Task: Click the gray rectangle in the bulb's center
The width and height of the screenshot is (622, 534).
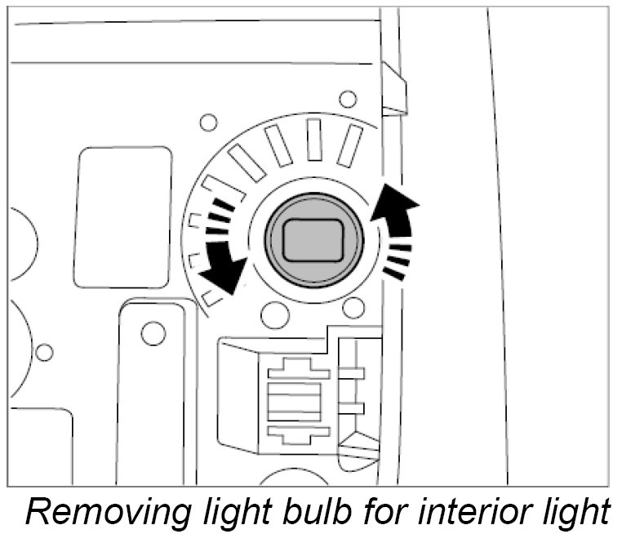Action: point(311,243)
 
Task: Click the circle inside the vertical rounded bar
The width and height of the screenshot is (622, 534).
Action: point(151,332)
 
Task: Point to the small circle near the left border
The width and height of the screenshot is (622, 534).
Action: point(44,353)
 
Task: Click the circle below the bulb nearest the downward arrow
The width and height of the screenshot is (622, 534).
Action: point(275,312)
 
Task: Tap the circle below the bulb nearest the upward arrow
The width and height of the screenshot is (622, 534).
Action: point(353,308)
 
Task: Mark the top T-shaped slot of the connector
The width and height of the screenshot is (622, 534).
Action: point(299,372)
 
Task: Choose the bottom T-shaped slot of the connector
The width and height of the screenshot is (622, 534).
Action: point(299,434)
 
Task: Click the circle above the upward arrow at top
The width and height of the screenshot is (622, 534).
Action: point(349,100)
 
